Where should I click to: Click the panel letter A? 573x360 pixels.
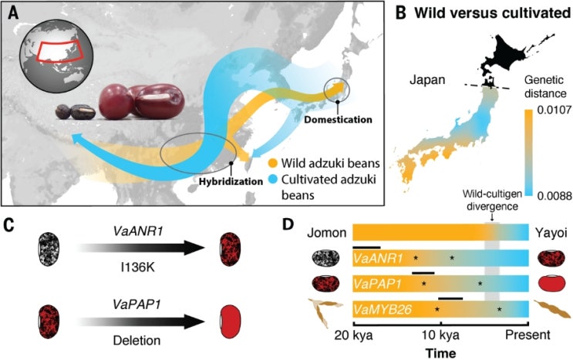(12, 15)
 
